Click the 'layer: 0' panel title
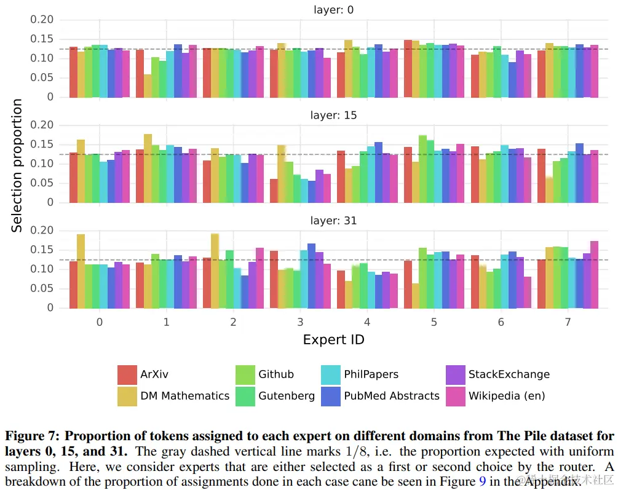pos(333,10)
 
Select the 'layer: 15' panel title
pos(333,115)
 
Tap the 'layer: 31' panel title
pos(333,220)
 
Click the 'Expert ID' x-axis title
pos(333,339)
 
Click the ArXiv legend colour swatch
pos(127,374)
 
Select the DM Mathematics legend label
pos(184,396)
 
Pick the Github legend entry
pos(275,374)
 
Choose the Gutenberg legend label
pos(286,396)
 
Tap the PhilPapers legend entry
pos(371,374)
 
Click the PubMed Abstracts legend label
pos(391,396)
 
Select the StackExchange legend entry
pos(509,374)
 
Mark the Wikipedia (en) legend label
pos(507,396)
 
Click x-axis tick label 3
pos(300,323)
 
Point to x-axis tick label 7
pos(568,323)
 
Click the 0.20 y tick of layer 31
pos(42,231)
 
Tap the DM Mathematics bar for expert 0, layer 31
pos(81,271)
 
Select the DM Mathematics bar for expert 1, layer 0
pos(148,85)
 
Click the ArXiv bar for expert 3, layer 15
pos(274,191)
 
